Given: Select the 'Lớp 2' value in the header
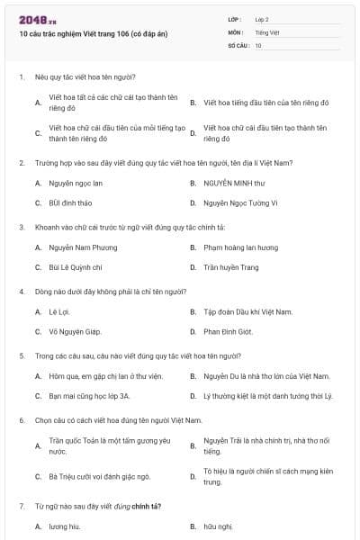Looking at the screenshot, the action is [x=262, y=19].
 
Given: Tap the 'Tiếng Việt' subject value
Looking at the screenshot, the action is [x=266, y=31].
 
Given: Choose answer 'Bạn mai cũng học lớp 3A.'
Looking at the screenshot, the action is [x=89, y=395].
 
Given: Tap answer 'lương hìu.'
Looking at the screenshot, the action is [x=65, y=526].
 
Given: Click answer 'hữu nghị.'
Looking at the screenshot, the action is [x=218, y=526].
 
